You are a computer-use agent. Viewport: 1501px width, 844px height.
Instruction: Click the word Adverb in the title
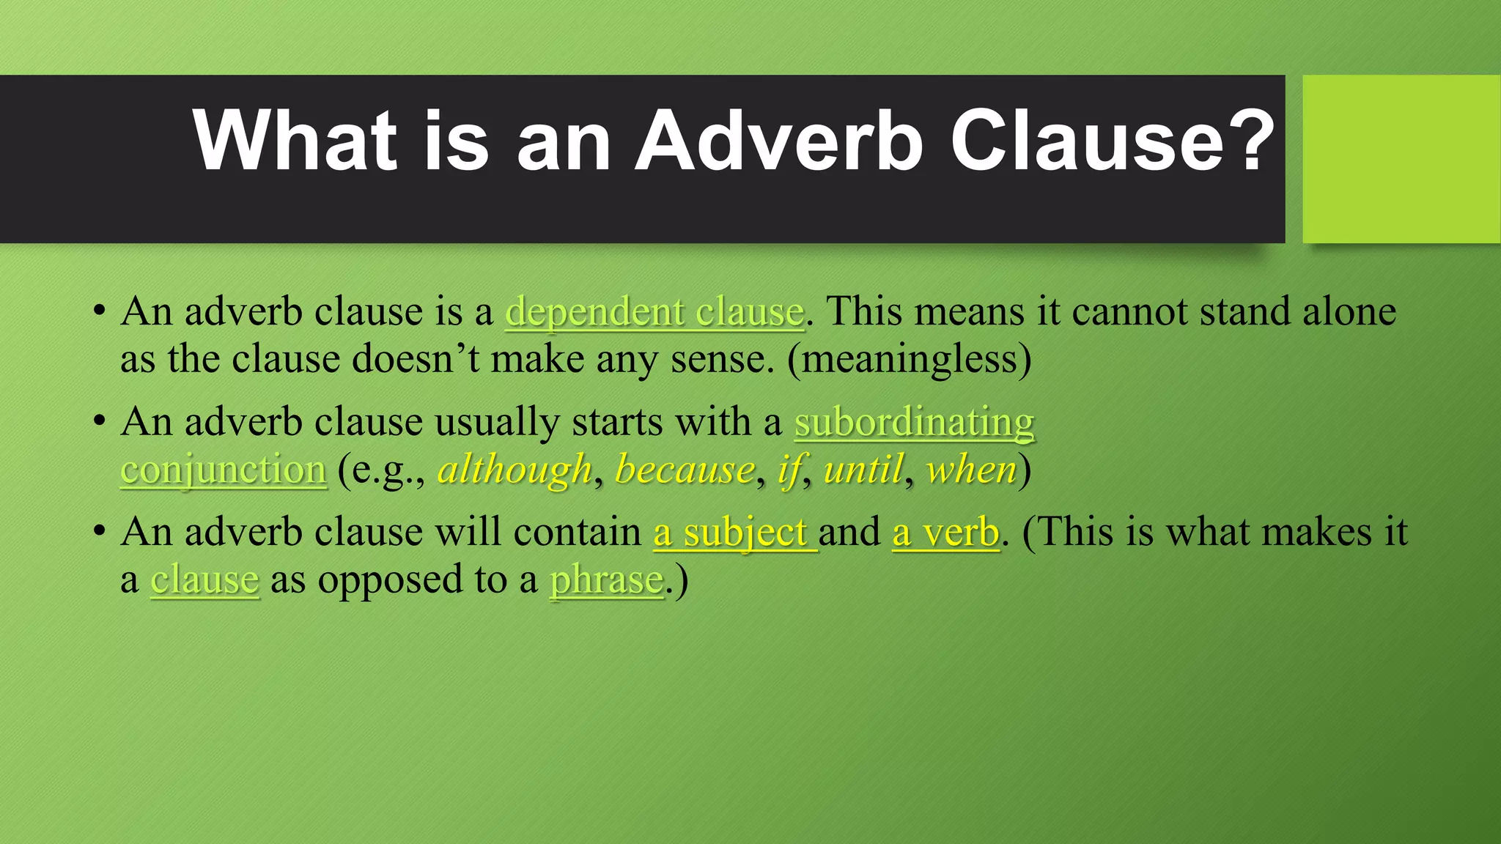pos(778,141)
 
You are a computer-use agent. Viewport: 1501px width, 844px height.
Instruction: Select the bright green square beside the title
pos(1401,159)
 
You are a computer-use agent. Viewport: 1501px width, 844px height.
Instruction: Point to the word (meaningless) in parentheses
pos(909,360)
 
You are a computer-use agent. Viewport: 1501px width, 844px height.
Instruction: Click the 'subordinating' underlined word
pos(914,423)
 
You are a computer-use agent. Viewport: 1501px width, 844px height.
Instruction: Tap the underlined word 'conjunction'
pos(223,470)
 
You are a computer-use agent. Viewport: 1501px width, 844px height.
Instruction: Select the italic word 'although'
pos(515,470)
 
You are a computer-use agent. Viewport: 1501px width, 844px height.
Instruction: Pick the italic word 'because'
pos(685,470)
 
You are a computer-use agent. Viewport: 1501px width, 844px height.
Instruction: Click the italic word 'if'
pos(789,470)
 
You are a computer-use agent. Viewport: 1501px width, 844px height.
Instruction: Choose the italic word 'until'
pos(863,470)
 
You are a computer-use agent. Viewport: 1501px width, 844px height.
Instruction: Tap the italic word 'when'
pos(971,470)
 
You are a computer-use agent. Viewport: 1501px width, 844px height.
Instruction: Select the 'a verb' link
pos(945,533)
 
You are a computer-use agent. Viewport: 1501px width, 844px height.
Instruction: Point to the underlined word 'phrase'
pos(606,580)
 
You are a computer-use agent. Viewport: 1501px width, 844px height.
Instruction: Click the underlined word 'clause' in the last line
pos(204,580)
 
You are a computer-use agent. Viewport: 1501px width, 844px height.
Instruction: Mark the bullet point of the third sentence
pos(100,532)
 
